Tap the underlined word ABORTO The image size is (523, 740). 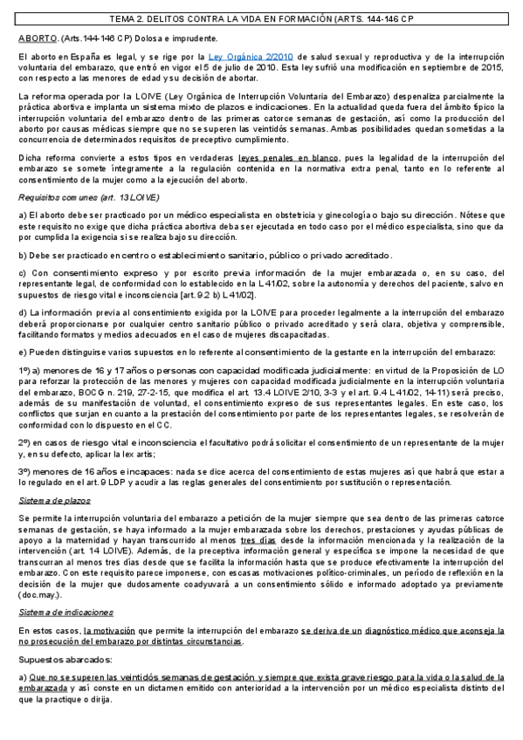coord(37,38)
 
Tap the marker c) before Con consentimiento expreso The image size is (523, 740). coord(23,274)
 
